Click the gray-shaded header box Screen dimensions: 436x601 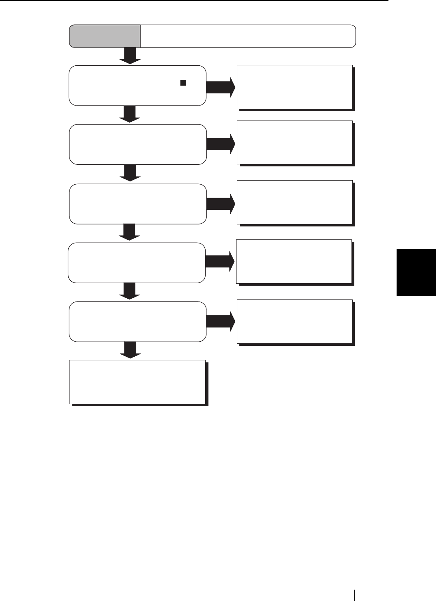coord(105,36)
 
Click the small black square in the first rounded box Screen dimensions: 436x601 coord(183,83)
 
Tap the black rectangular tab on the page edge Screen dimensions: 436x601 coord(416,273)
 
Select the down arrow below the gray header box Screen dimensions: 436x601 coord(130,56)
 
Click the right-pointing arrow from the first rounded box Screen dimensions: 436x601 coord(221,87)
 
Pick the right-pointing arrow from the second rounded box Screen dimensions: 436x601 coord(221,144)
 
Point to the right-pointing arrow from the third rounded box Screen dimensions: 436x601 coord(221,204)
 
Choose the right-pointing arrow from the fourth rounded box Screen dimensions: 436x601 coord(220,262)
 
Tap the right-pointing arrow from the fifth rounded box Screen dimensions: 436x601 coord(221,321)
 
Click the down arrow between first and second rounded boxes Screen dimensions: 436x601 coord(130,114)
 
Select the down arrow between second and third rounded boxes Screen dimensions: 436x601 coord(130,174)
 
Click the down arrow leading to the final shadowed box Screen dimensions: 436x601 coord(130,350)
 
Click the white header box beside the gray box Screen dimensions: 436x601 coord(248,36)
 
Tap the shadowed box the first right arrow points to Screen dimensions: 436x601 coord(295,87)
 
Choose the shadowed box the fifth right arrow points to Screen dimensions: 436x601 coord(295,321)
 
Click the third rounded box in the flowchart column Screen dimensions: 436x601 coord(138,204)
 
